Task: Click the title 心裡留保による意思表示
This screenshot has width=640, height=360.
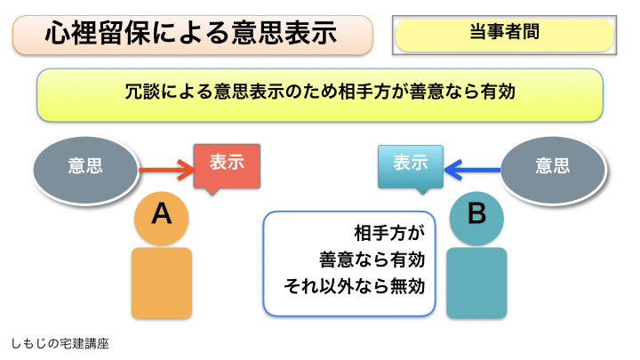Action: click(191, 35)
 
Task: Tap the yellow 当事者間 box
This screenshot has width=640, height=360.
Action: click(504, 35)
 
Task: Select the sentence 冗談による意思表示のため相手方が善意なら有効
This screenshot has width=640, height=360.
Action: click(320, 92)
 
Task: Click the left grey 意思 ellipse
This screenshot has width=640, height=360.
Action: click(85, 166)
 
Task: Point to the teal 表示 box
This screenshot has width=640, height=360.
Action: click(410, 164)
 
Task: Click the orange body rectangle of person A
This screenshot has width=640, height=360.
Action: click(161, 282)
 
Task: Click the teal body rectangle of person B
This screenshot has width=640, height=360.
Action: click(476, 282)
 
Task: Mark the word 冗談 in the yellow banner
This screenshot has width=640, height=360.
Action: click(143, 92)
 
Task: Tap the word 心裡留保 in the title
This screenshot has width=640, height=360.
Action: click(94, 35)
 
